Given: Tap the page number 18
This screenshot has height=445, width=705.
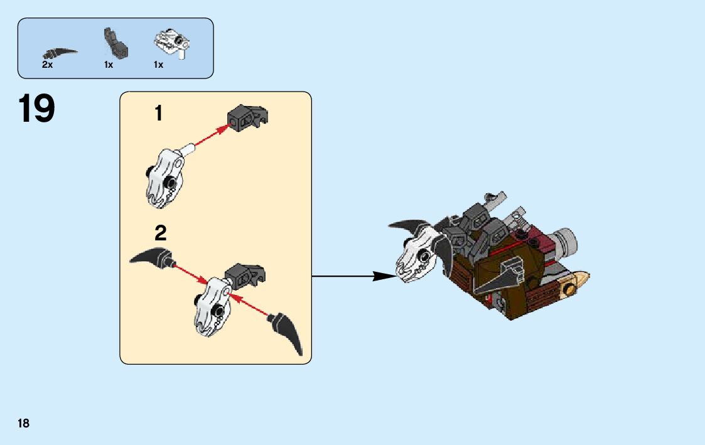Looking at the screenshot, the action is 23,423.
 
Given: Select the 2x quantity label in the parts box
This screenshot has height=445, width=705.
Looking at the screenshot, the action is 47,65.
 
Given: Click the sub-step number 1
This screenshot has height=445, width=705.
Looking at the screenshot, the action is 159,114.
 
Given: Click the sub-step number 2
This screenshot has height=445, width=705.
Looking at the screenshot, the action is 161,234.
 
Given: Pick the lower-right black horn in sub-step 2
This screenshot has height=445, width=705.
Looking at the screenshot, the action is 289,332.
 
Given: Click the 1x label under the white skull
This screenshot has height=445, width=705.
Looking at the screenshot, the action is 158,65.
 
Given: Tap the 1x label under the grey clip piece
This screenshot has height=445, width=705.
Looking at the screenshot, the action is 109,65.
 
